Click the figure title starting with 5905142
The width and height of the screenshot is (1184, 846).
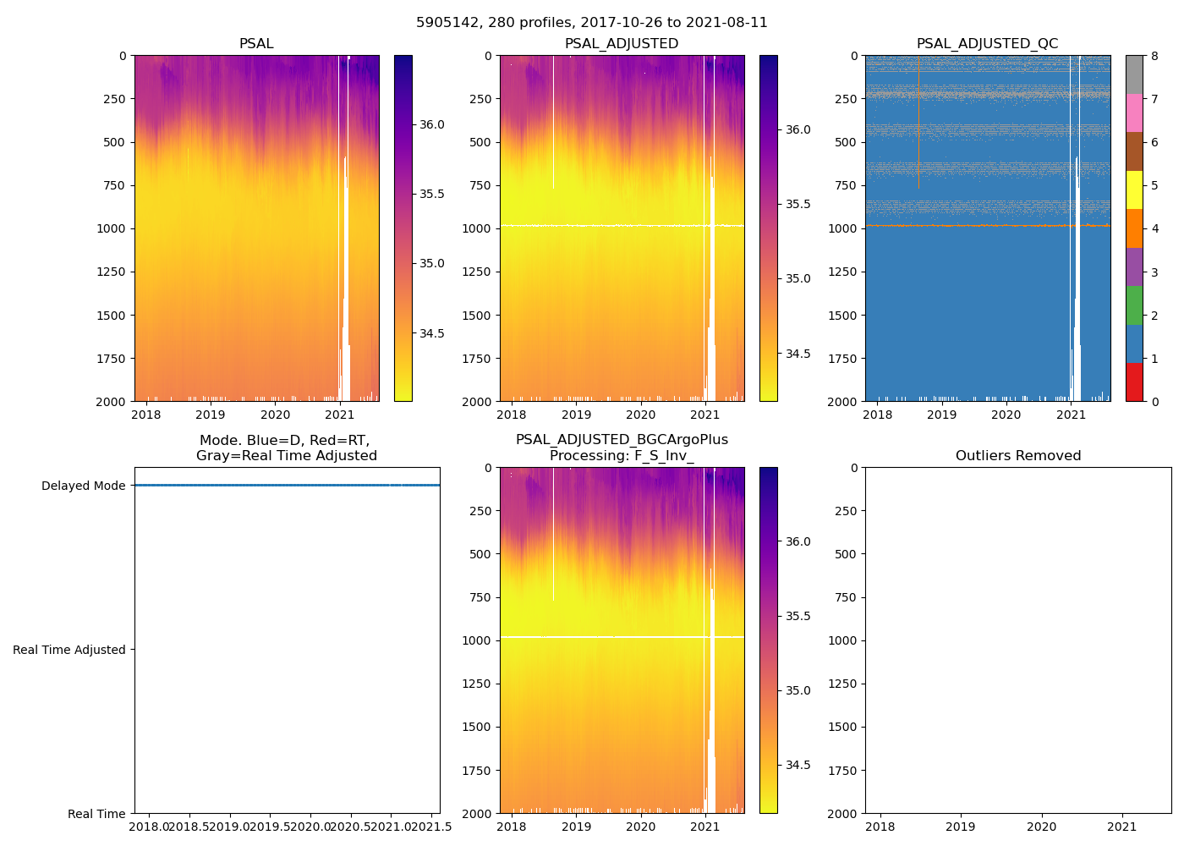(x=592, y=23)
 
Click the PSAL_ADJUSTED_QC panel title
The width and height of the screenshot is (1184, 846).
(x=987, y=44)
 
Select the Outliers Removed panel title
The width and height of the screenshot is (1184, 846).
(x=1017, y=456)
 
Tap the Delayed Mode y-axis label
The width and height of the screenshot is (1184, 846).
(x=83, y=486)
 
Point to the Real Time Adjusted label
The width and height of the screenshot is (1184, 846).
(x=69, y=650)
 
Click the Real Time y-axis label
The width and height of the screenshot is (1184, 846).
(x=96, y=814)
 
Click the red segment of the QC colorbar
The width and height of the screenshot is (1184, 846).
(x=1134, y=382)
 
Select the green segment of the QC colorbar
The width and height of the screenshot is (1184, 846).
(x=1134, y=305)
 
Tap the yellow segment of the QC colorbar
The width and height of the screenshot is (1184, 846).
(x=1134, y=190)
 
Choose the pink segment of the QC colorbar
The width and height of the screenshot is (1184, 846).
(x=1134, y=113)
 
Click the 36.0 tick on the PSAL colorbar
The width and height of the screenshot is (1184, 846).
(x=432, y=124)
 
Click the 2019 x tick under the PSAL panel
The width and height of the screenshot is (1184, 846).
(x=211, y=415)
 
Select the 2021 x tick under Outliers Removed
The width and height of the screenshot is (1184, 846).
(x=1122, y=827)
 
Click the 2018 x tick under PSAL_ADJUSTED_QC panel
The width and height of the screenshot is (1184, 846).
(x=878, y=415)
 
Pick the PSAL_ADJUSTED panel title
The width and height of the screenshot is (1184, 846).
(x=622, y=44)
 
